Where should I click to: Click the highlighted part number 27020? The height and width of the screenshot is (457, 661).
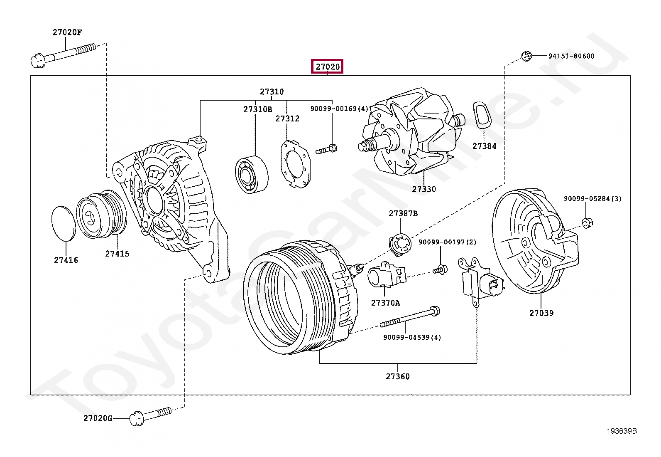(327, 67)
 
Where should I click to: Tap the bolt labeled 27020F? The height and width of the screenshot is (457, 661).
(64, 56)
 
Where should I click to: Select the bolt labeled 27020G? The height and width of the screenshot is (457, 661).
(150, 417)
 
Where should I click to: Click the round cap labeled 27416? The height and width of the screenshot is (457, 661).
(64, 223)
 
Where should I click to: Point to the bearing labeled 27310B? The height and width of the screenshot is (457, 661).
(252, 174)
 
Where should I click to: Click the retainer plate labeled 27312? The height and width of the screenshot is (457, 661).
(295, 164)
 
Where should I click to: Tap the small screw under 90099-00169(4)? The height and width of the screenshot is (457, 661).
(326, 149)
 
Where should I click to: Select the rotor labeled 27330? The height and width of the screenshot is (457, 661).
(411, 131)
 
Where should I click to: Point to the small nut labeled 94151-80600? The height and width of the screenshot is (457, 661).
(526, 56)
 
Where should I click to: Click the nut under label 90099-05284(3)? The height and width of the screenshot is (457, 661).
(587, 223)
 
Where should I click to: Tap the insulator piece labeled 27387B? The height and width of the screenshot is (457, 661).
(400, 244)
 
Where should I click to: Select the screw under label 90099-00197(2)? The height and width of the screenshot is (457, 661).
(440, 270)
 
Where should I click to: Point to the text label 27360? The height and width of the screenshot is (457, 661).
(397, 376)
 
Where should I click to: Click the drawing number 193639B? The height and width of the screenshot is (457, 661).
(622, 431)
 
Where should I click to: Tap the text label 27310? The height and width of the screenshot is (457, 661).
(272, 91)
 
